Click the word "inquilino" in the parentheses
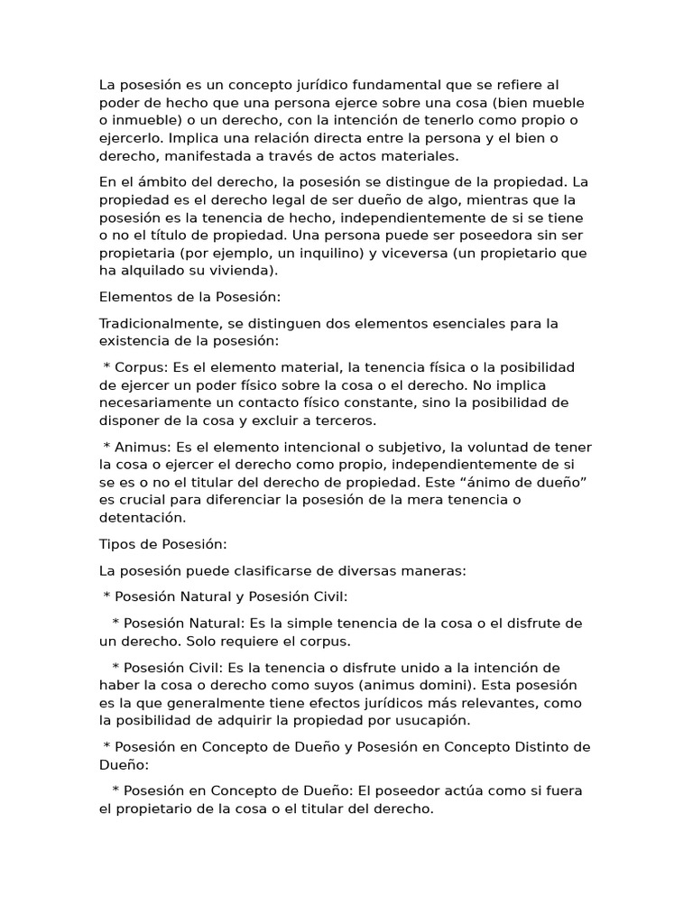tap(330, 253)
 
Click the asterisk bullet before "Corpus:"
tap(107, 368)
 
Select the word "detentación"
tap(142, 518)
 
